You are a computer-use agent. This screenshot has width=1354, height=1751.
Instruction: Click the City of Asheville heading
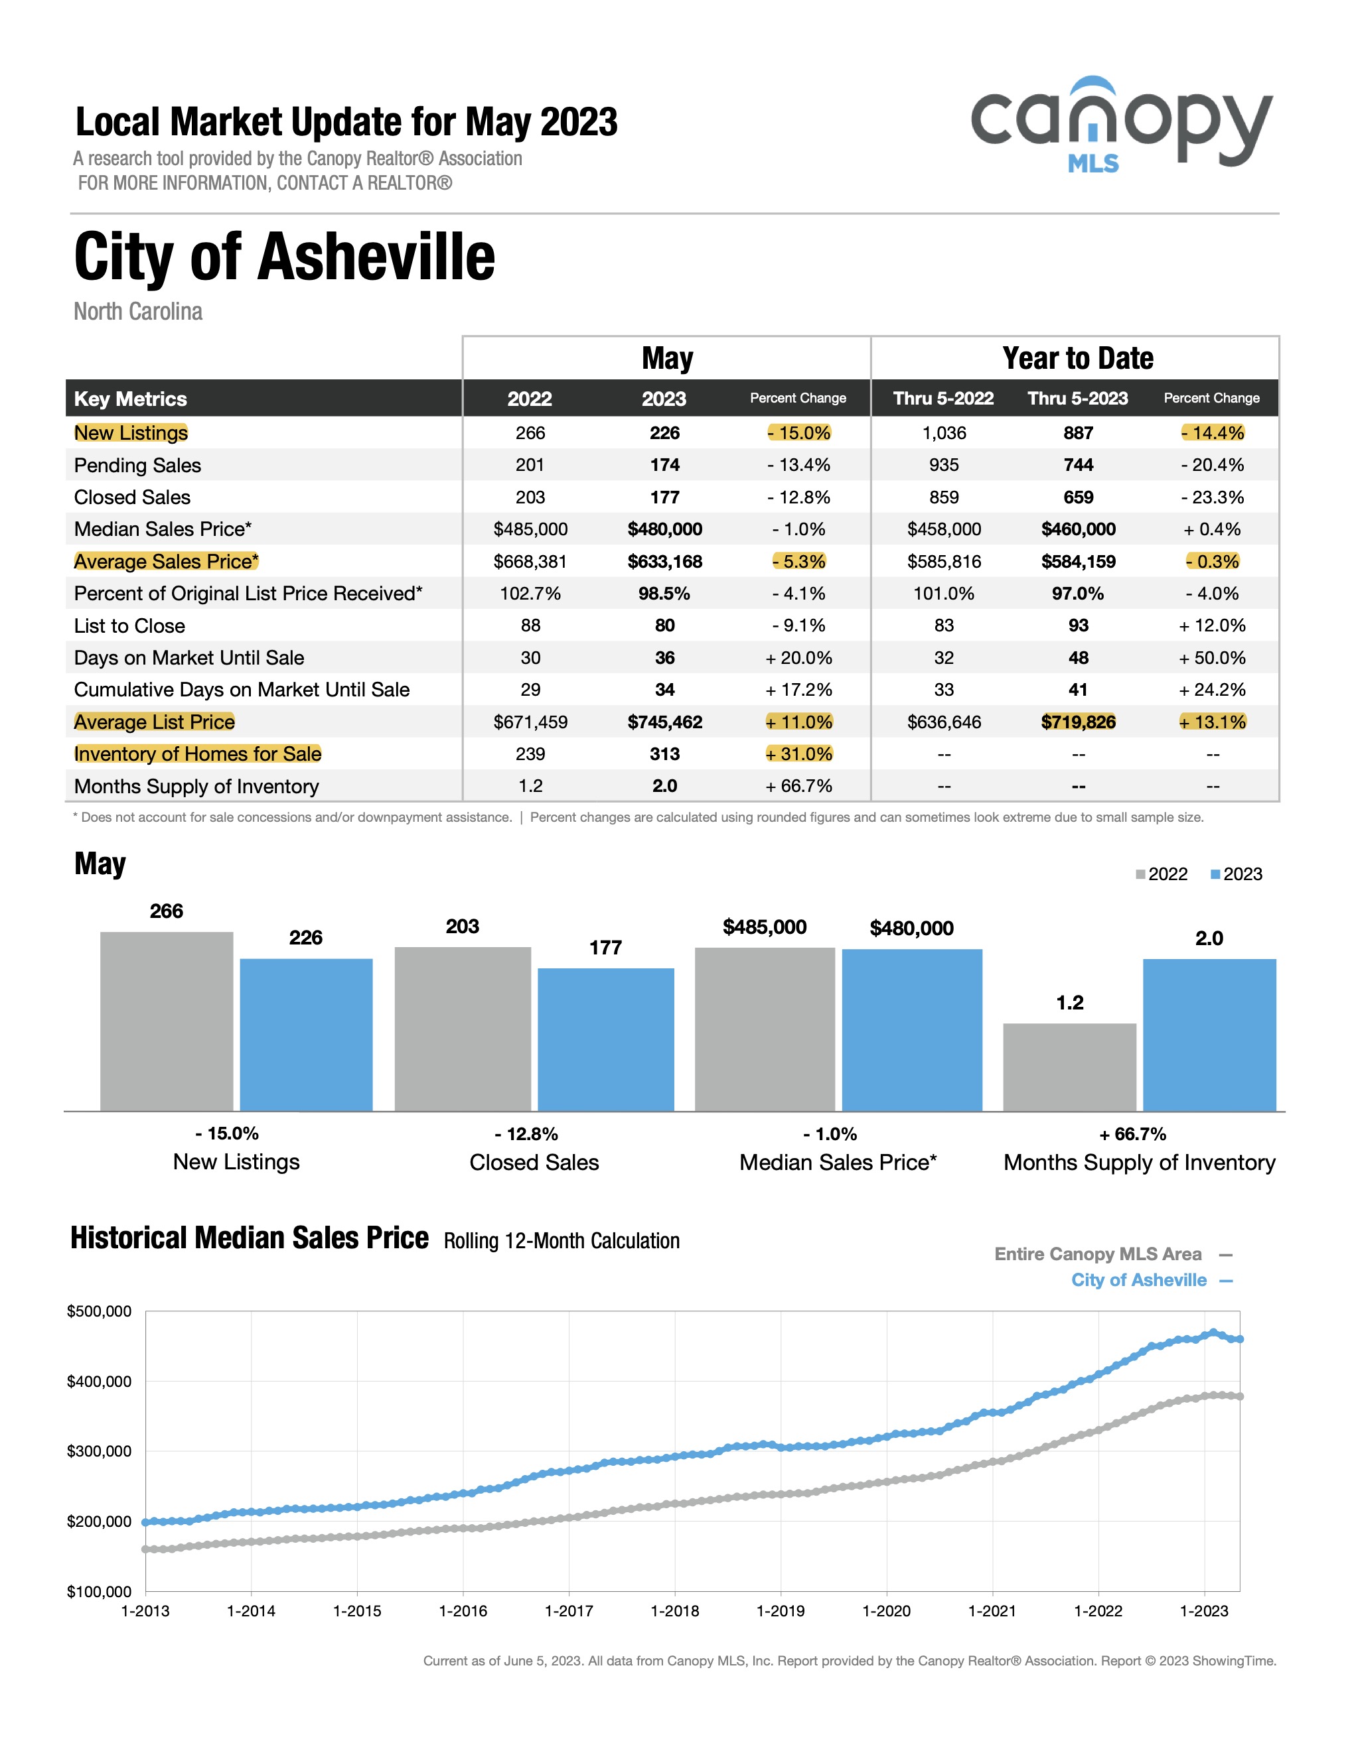285,257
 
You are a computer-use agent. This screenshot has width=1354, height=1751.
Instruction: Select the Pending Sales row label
137,465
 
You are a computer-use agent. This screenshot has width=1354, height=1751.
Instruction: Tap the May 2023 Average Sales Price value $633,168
664,561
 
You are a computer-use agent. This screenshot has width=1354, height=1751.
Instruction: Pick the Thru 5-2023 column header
1077,399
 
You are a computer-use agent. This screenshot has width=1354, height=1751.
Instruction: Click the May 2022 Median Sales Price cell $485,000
530,529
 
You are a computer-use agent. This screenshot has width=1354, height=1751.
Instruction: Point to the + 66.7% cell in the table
798,786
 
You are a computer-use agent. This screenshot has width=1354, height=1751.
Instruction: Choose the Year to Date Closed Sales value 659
1078,497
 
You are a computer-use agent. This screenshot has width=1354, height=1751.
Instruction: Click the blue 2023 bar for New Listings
307,1034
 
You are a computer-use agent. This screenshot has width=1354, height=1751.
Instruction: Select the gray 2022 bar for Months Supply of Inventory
1069,1067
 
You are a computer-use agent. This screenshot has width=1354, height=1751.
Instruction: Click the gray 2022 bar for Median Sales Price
765,1029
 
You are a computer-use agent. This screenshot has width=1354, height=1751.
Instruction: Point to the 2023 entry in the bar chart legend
1236,874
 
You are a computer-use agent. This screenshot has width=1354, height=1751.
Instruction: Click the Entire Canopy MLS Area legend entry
1113,1254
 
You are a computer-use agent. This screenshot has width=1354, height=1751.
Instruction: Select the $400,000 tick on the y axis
100,1382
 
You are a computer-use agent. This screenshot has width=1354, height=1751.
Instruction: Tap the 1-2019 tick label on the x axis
781,1610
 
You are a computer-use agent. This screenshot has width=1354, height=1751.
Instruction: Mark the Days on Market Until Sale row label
189,657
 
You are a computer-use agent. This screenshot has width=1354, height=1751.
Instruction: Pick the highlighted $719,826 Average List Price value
1078,722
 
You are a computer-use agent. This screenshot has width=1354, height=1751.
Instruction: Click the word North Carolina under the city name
138,311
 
